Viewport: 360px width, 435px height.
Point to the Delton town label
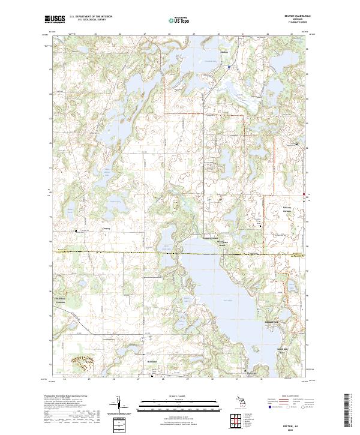[226, 52]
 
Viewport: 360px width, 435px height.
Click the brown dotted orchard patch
[82, 362]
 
